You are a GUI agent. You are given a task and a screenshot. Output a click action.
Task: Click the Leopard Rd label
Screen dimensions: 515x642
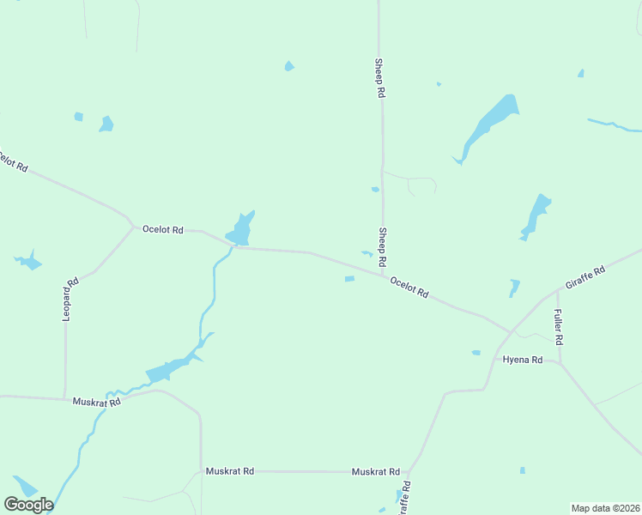point(71,299)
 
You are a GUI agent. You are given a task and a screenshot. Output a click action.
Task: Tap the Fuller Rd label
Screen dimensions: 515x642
point(558,326)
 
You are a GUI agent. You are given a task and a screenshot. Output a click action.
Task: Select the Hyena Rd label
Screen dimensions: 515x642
point(523,360)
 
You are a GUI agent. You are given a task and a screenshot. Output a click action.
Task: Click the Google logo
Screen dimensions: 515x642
point(28,505)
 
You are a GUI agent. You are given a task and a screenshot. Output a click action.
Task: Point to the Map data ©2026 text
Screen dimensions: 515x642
point(606,508)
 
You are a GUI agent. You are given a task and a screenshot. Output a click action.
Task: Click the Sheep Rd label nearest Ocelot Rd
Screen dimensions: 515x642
point(383,246)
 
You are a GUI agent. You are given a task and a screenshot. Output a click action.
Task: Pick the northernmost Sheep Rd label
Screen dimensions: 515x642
point(379,78)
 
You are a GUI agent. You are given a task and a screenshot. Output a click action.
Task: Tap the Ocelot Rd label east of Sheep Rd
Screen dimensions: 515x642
point(409,287)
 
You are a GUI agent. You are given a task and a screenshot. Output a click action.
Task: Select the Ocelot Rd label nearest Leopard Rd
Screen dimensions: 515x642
point(163,230)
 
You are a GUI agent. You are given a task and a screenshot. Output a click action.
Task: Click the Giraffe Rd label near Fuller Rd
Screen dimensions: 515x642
point(585,277)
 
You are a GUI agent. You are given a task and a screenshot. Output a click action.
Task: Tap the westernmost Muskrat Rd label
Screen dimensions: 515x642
point(96,401)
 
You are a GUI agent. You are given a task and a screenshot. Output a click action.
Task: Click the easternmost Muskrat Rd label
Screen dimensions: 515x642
point(376,472)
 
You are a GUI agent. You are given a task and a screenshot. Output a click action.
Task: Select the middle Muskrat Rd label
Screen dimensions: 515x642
point(230,471)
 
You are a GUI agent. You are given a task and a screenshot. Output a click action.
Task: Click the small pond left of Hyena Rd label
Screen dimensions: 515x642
point(475,352)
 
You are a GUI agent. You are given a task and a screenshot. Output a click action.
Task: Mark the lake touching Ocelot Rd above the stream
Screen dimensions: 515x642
point(239,229)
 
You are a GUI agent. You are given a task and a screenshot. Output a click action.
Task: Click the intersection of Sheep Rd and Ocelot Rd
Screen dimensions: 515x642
point(383,275)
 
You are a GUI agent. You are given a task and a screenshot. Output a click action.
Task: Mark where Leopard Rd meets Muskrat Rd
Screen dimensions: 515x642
point(65,399)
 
